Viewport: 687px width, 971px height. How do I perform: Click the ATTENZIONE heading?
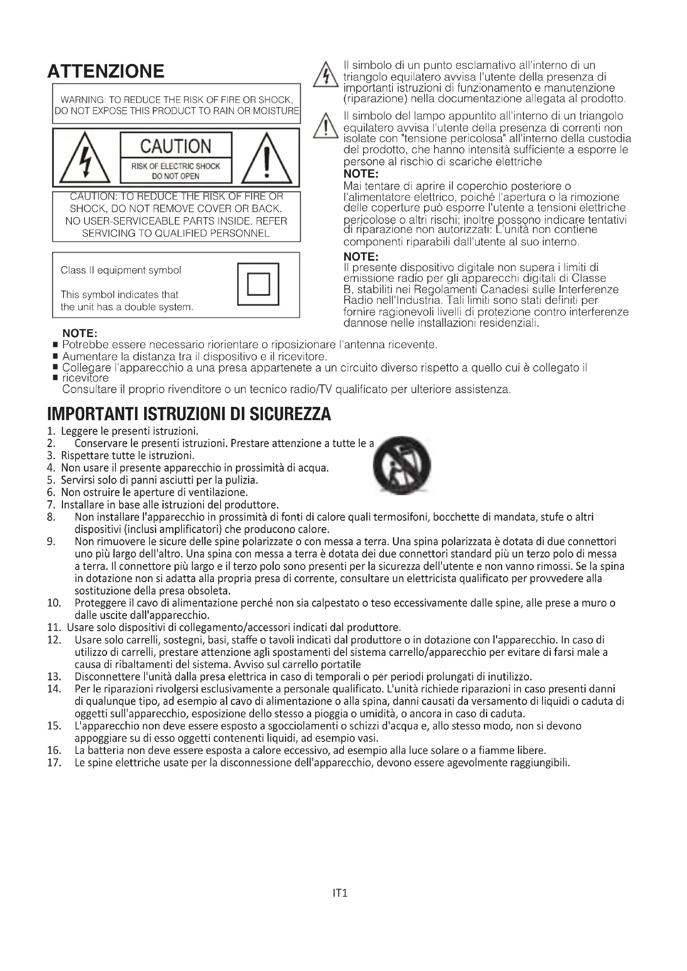point(106,71)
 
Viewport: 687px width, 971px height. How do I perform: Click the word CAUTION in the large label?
point(176,146)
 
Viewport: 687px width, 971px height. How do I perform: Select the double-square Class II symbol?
point(258,284)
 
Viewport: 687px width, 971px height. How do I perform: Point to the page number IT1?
point(340,893)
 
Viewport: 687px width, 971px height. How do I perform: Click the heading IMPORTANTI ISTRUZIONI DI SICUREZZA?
point(189,414)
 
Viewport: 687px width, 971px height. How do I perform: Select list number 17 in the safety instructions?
point(54,763)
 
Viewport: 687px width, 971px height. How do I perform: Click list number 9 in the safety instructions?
point(51,542)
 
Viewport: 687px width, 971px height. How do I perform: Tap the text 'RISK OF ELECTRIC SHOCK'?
point(176,166)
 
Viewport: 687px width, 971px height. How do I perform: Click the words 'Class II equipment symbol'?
point(120,270)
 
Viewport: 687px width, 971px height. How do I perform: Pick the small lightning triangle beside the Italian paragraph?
point(325,76)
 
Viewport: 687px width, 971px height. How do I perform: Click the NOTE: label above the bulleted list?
point(80,334)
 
